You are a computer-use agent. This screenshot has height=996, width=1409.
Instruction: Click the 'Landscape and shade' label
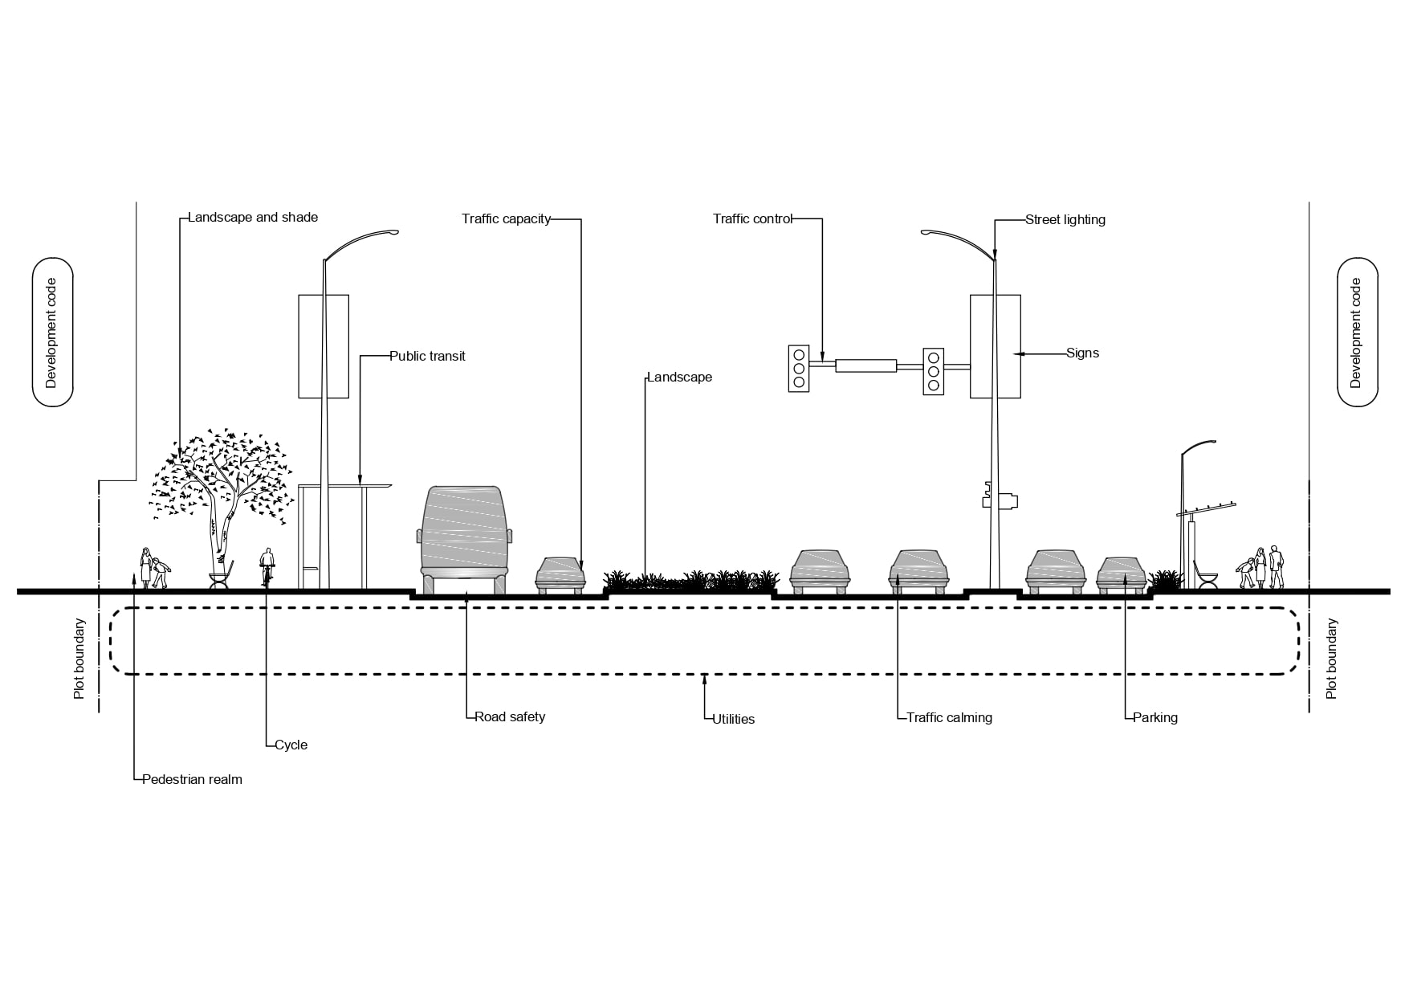pos(253,218)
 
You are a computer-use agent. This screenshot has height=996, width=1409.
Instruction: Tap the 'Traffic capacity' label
pos(506,218)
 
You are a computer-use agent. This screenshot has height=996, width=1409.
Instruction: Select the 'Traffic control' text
pos(752,218)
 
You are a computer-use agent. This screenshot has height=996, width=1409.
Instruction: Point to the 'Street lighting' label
pos(1065,219)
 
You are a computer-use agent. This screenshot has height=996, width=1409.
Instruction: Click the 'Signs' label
pos(1082,353)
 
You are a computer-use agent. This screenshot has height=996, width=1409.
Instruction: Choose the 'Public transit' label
pos(427,356)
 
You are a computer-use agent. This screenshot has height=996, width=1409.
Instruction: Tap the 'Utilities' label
pos(734,719)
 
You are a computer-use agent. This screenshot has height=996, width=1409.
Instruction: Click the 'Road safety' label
pos(510,716)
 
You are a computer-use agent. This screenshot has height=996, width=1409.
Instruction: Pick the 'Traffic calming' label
pos(949,717)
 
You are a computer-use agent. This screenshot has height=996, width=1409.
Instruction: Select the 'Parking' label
pos(1154,717)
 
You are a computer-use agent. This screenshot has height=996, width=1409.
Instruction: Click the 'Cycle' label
pos(291,745)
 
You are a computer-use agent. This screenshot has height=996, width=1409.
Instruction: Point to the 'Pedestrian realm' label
pos(192,779)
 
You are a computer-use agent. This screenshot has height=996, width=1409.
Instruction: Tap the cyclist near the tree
pos(267,566)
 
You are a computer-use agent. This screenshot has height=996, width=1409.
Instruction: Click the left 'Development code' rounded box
pos(52,333)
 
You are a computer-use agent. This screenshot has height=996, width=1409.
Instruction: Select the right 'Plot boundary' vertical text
pos(1331,658)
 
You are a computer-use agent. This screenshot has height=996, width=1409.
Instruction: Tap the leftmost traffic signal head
pos(798,369)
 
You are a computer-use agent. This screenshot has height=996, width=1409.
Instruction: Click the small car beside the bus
pos(560,574)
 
